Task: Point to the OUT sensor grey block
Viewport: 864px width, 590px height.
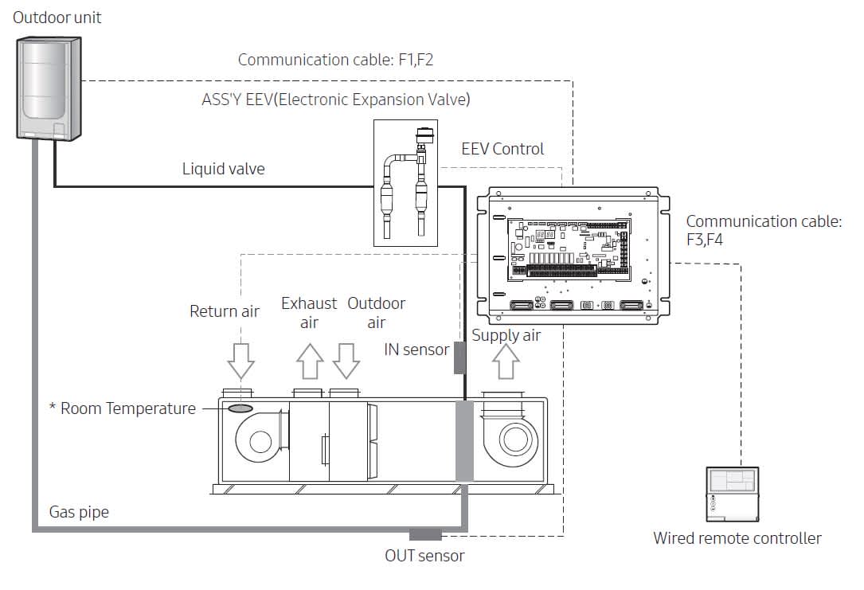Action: pyautogui.click(x=425, y=534)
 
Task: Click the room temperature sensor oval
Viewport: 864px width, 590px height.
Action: pyautogui.click(x=240, y=408)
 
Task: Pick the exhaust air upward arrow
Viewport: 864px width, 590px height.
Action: pyautogui.click(x=310, y=361)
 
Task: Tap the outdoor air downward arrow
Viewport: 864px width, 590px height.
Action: pyautogui.click(x=346, y=361)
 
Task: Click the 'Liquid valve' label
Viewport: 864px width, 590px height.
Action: pyautogui.click(x=224, y=169)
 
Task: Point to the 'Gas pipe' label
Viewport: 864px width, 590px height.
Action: pyautogui.click(x=79, y=513)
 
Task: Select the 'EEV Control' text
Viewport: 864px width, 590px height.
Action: pyautogui.click(x=502, y=149)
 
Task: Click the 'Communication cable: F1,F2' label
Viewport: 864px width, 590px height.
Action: pyautogui.click(x=335, y=60)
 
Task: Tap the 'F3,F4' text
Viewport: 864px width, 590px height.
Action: pyautogui.click(x=705, y=239)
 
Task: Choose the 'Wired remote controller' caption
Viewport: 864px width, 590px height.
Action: pyautogui.click(x=737, y=538)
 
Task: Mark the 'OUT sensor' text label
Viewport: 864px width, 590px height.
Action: pyautogui.click(x=424, y=555)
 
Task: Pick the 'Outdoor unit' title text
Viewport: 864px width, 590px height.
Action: pyautogui.click(x=57, y=17)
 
